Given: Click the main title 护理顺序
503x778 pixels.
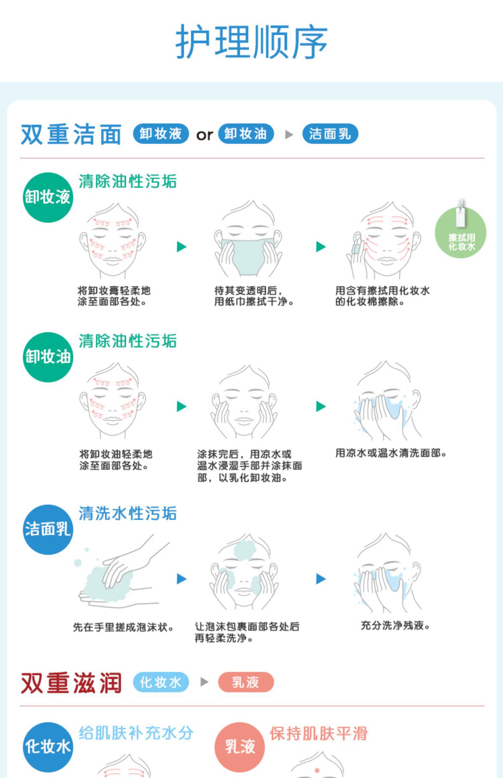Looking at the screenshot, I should pos(251,42).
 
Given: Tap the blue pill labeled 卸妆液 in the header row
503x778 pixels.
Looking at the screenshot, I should pos(161,134).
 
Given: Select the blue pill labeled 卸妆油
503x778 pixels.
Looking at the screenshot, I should pos(246,134).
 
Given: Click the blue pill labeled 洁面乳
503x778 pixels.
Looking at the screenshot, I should pos(330,134).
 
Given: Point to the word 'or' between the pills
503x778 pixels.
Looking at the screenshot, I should pos(205,135).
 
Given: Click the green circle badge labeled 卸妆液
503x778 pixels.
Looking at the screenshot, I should pos(48,197).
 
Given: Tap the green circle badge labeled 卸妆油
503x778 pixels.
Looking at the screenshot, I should pos(48,357).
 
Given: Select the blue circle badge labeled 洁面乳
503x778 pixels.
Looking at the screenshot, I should pos(48,529).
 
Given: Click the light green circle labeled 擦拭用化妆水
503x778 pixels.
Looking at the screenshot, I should pos(460,233).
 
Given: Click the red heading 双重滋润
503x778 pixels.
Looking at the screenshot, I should pos(71,683).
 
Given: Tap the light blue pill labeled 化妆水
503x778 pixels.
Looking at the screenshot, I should pos(161,682).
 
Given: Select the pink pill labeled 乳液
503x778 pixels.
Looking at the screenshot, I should pos(246,682).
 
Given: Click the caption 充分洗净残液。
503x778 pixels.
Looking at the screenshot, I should pos(395,625).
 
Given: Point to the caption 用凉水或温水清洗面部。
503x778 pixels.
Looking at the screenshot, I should pos(391,453).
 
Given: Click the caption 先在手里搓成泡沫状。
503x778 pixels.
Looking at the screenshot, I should pos(123,627).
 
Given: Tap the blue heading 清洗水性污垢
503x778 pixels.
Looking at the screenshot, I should pos(127,514).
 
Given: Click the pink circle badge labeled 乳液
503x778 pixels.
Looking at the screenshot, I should pos(239,747).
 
